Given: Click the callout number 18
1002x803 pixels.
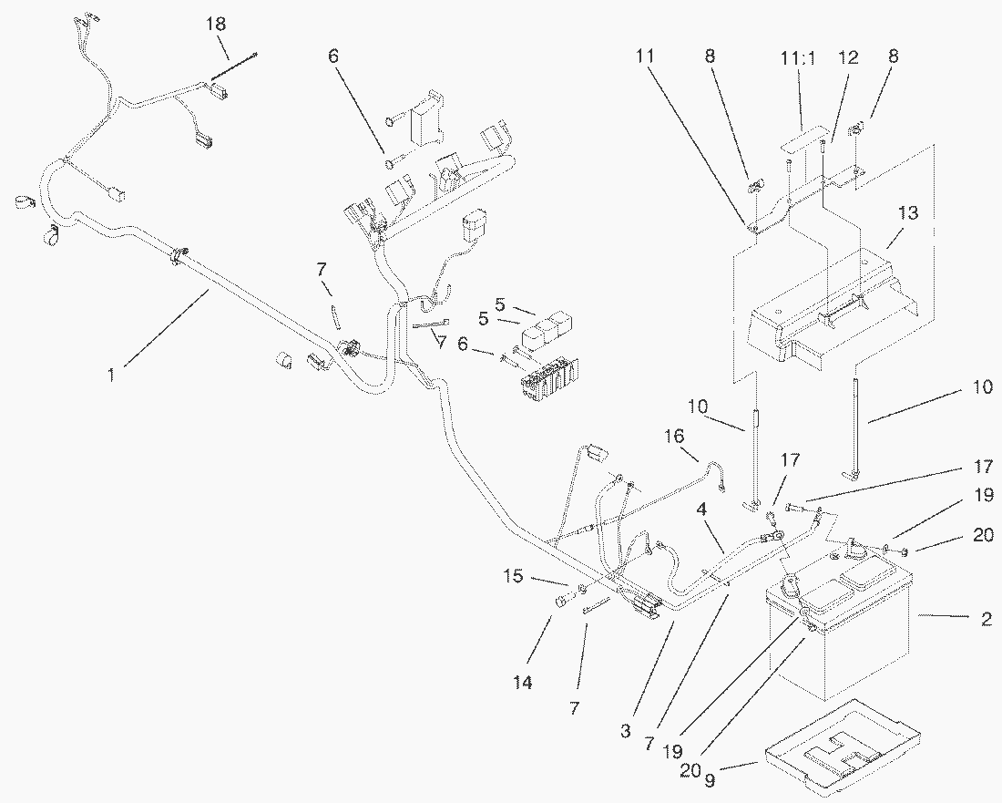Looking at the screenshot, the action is coord(216,25).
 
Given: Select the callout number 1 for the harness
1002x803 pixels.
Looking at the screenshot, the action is coord(111,374).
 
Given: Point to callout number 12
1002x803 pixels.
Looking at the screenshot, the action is coord(849,57).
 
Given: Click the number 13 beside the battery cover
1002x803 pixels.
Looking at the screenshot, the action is coord(908,212).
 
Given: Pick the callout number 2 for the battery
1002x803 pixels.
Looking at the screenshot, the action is coord(987,618).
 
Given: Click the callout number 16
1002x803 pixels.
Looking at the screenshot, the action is coord(674,437).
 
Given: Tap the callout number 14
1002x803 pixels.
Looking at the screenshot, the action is coord(523,683).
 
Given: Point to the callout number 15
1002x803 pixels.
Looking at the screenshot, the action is coord(513,576).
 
